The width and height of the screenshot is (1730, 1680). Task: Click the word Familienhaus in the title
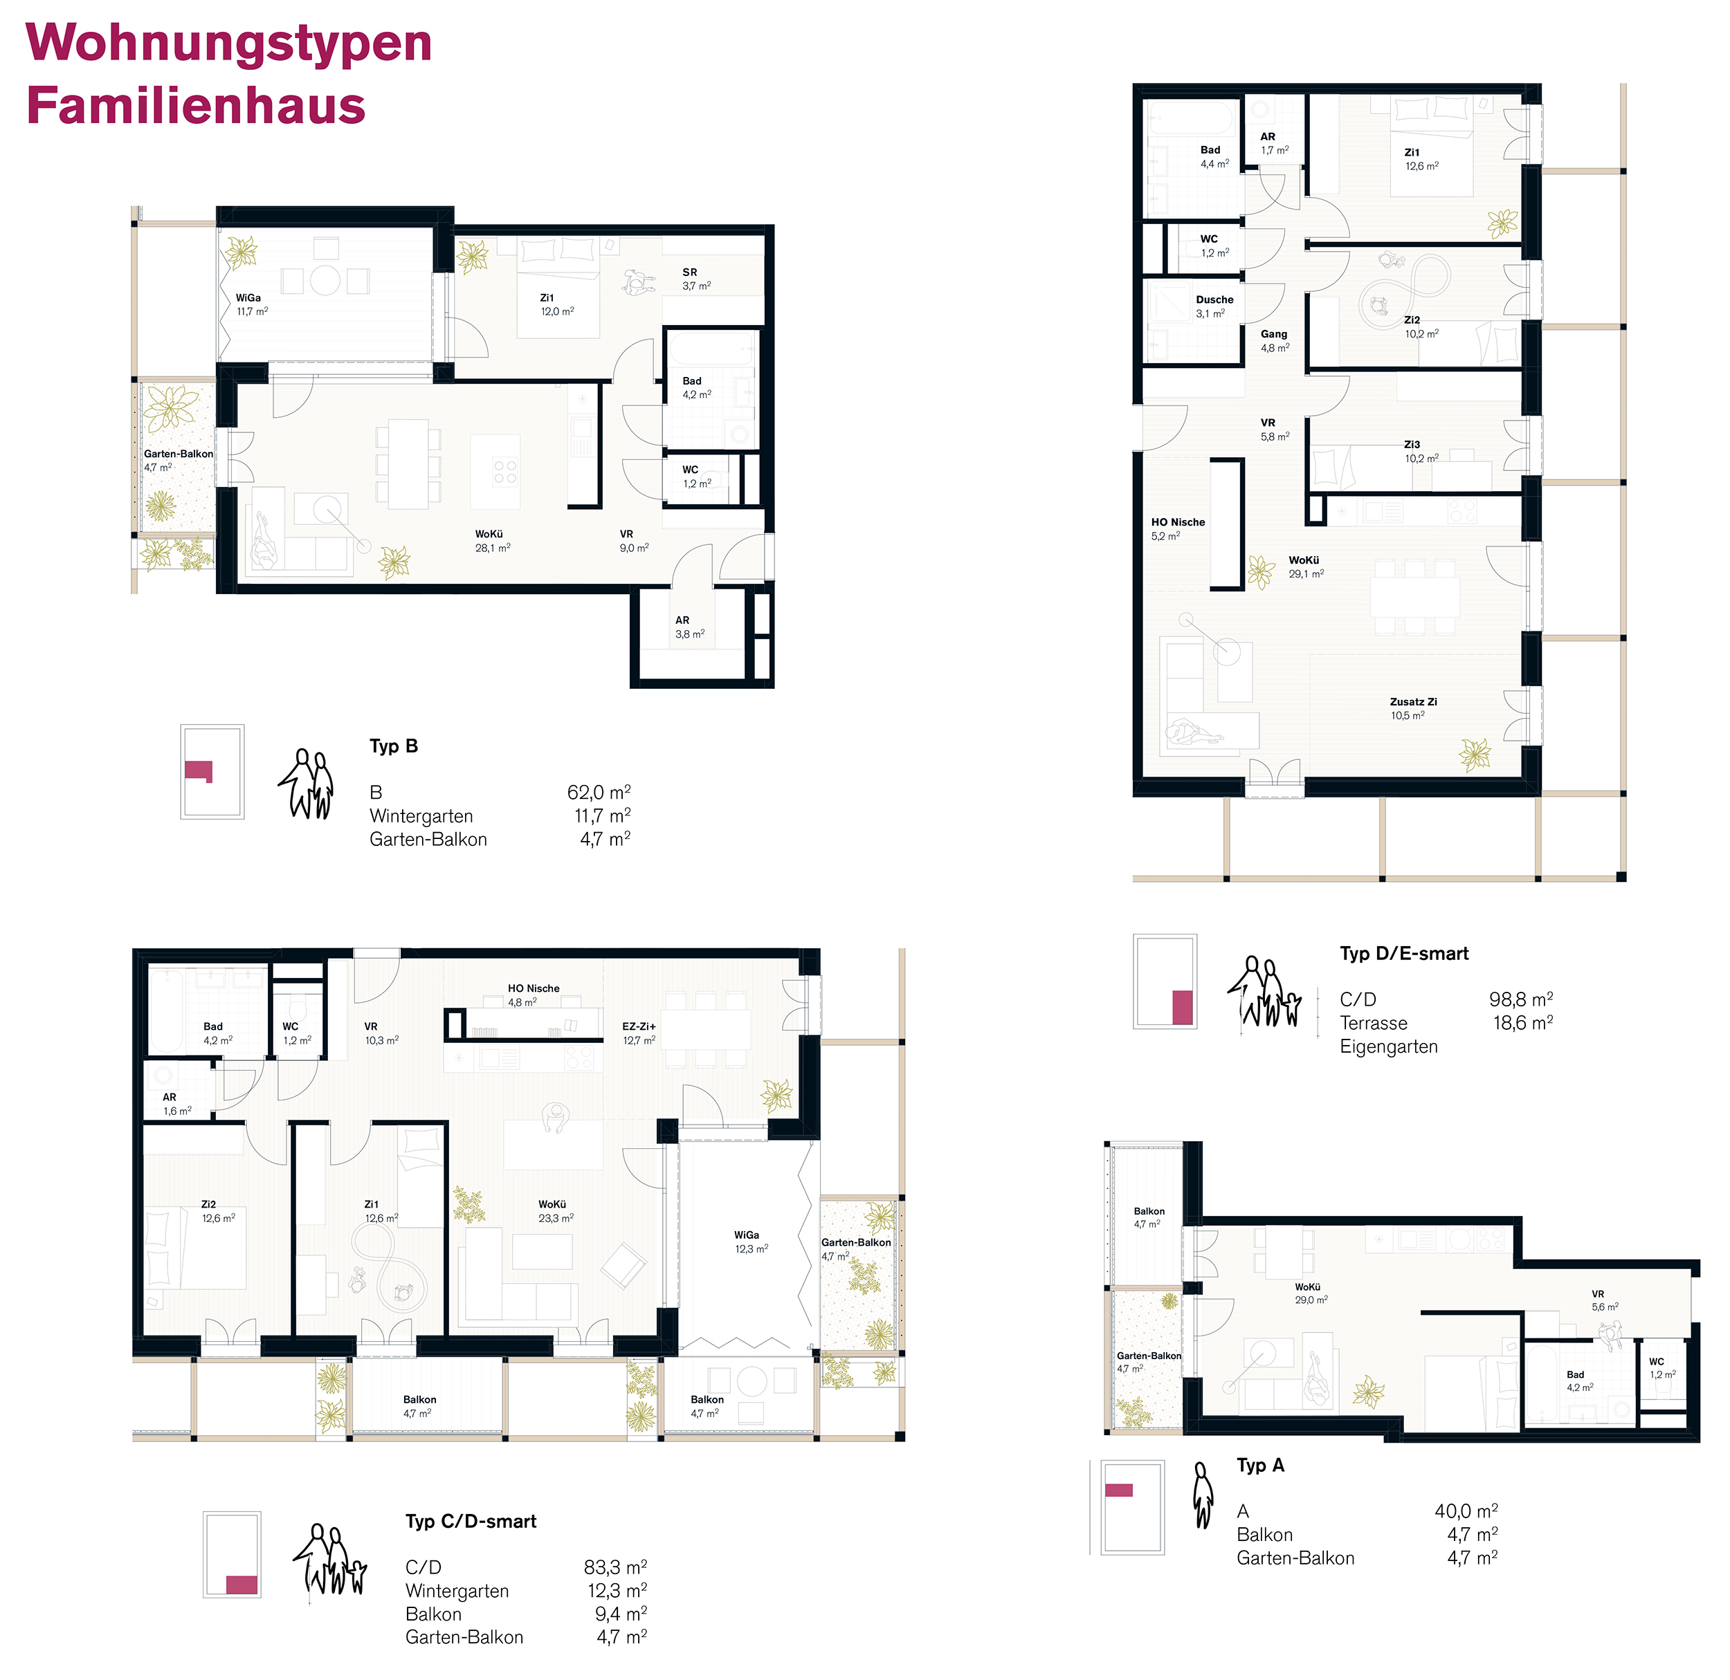click(x=196, y=106)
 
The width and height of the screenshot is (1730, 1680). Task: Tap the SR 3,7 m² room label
click(x=696, y=279)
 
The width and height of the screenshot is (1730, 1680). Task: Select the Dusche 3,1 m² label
click(x=1214, y=306)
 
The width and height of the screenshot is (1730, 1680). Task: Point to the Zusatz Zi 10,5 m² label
click(x=1413, y=708)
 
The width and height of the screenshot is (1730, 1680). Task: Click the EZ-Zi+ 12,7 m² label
click(x=639, y=1033)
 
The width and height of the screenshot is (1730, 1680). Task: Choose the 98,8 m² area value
click(x=1521, y=999)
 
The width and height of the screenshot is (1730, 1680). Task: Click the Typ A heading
click(x=1260, y=1465)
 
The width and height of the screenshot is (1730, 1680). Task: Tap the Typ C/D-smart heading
click(x=471, y=1521)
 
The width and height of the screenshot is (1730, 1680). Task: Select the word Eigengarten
click(x=1388, y=1046)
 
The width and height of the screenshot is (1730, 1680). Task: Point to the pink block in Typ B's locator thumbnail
click(x=199, y=771)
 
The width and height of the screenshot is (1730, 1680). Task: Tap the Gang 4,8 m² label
click(x=1275, y=340)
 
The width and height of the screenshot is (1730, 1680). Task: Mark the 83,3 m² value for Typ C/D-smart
click(x=615, y=1567)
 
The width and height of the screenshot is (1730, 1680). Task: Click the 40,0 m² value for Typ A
click(x=1466, y=1511)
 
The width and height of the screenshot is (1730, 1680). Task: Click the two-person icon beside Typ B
click(x=308, y=784)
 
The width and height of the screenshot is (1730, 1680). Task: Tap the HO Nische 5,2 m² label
click(x=1178, y=528)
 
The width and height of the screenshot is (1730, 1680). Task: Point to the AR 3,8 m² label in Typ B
click(x=689, y=627)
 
